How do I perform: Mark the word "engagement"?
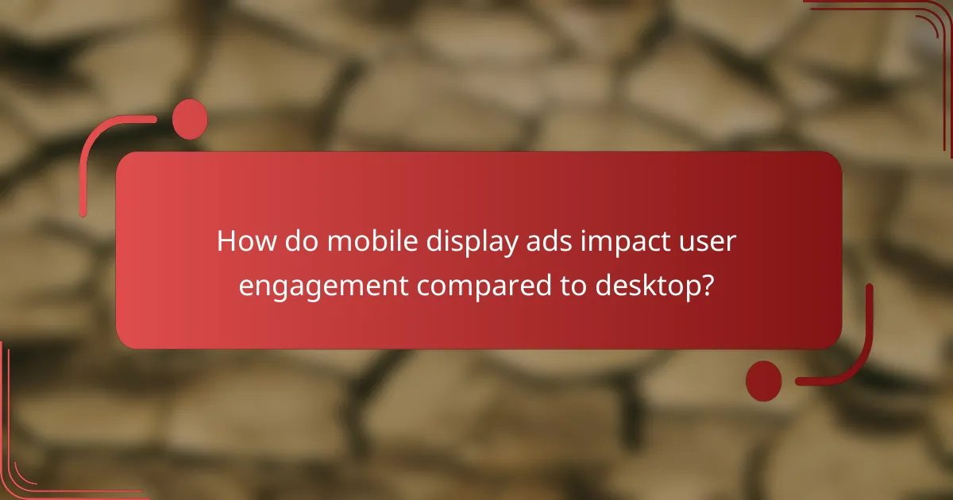point(324,286)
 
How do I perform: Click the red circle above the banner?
point(190,119)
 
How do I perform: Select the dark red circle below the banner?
point(763,380)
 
